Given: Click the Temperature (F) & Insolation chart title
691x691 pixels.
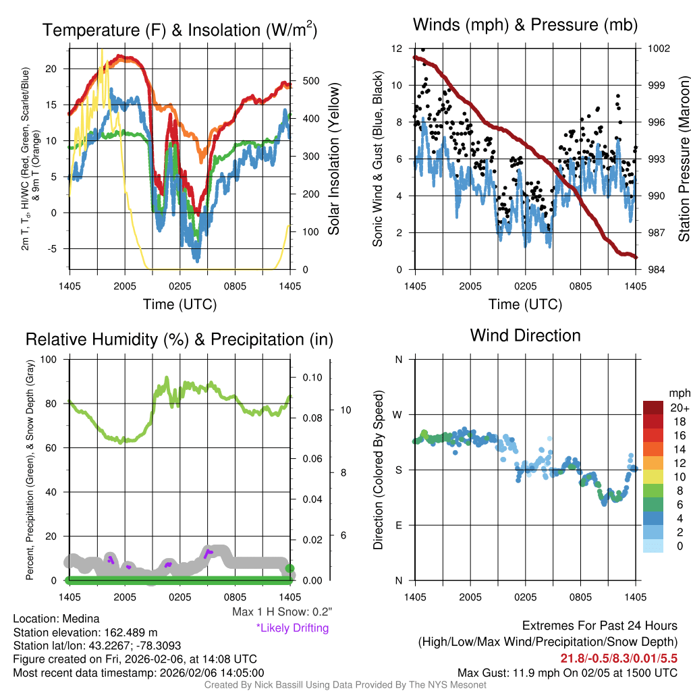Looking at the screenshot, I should pyautogui.click(x=179, y=30).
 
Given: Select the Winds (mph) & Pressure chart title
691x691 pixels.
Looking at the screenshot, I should pyautogui.click(x=525, y=25).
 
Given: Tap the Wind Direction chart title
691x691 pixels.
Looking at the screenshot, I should pyautogui.click(x=525, y=335).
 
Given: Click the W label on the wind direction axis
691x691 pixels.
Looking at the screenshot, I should pyautogui.click(x=399, y=414).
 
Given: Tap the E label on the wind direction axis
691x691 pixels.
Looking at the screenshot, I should pyautogui.click(x=399, y=525).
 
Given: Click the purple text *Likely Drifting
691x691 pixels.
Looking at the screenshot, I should pyautogui.click(x=292, y=628).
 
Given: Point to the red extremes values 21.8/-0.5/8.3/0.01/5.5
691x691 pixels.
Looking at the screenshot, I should pyautogui.click(x=619, y=657).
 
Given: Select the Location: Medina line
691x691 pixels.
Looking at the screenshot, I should pyautogui.click(x=56, y=619).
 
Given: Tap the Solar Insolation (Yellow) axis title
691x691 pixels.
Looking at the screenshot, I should pyautogui.click(x=333, y=159).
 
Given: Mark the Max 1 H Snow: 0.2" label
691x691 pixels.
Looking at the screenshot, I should pyautogui.click(x=281, y=612).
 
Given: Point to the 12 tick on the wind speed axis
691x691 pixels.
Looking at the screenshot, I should pyautogui.click(x=397, y=49).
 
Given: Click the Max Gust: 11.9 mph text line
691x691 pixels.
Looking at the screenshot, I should pyautogui.click(x=567, y=673).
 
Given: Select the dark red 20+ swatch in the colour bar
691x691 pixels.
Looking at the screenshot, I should pyautogui.click(x=655, y=408).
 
